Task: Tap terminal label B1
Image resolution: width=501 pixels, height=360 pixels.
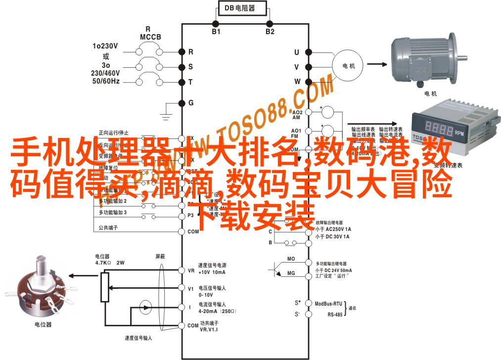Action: point(216,32)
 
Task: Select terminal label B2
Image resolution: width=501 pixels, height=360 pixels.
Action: point(270,32)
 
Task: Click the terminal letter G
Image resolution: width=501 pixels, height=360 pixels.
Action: point(191,103)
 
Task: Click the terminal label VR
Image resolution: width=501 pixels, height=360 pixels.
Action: point(191,270)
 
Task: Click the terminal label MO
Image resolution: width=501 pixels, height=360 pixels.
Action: point(291,259)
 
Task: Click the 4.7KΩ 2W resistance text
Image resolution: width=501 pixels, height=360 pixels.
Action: point(109,263)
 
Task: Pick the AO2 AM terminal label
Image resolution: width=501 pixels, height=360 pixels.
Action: point(296,115)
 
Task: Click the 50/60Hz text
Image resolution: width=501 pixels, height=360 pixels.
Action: point(105,81)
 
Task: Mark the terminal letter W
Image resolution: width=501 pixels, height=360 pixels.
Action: point(297,81)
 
